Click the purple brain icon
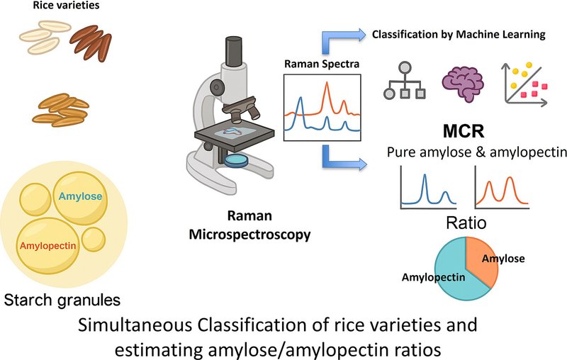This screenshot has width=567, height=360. [463, 84]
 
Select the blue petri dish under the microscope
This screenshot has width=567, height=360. [236, 160]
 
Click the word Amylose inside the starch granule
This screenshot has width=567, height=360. [80, 196]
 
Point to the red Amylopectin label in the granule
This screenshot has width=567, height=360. [47, 246]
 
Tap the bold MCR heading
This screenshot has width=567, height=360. [464, 132]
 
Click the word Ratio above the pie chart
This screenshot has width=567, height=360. [466, 223]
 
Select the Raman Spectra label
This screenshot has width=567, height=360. [322, 64]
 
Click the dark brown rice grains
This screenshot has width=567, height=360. [91, 43]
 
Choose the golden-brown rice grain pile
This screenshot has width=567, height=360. [61, 110]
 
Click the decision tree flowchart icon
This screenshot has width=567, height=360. [405, 81]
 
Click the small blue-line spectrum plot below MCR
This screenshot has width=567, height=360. [428, 188]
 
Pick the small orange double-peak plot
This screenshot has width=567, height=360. [502, 188]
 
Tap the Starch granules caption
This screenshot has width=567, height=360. [62, 300]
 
